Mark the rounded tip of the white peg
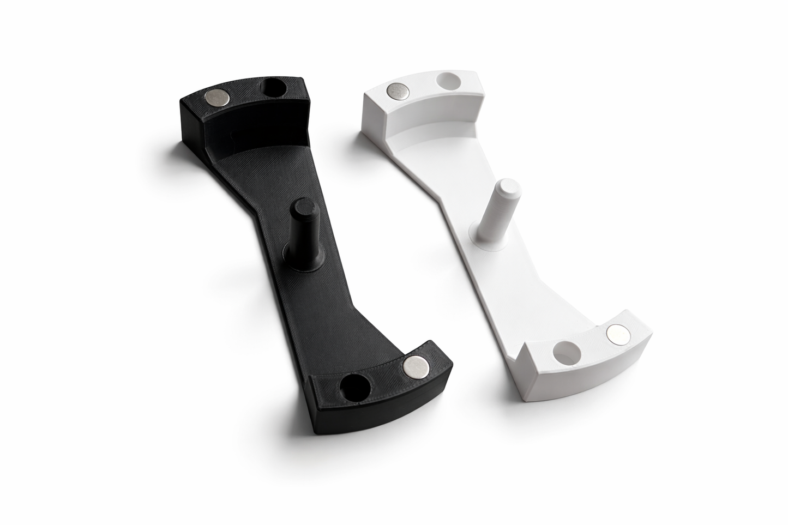(504, 184)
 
